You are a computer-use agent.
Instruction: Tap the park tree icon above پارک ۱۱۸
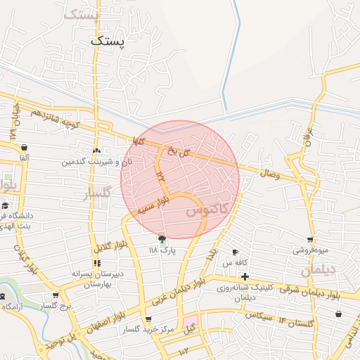coord(162,238)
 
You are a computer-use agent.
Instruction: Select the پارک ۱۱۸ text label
coord(162,250)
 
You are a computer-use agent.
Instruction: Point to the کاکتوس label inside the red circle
coord(207,210)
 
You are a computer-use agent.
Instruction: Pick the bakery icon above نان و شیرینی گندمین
coord(97,150)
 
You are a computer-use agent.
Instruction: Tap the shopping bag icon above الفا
coord(24,148)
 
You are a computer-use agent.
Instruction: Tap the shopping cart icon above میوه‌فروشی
coord(309,239)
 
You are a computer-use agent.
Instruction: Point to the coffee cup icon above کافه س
coord(235,252)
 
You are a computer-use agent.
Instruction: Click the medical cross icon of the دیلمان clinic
coord(245,276)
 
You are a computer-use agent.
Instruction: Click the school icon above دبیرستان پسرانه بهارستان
coord(96,263)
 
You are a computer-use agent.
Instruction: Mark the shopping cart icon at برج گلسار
coord(56,296)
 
